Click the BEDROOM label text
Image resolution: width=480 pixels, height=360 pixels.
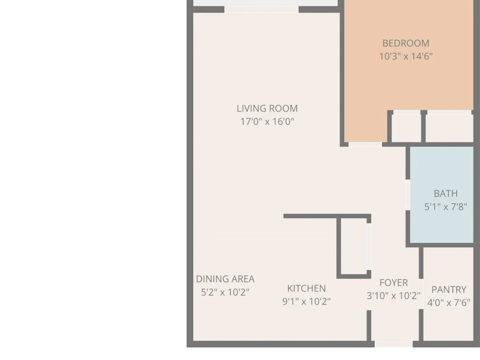(405, 43)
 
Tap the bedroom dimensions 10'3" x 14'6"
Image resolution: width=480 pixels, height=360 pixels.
(405, 56)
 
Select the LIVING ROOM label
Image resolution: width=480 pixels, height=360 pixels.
(267, 108)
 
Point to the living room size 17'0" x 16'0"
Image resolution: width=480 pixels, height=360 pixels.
(267, 122)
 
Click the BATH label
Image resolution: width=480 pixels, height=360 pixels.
(446, 193)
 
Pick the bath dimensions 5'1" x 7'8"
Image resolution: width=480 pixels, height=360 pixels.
(446, 207)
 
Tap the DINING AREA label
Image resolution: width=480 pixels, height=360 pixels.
(225, 279)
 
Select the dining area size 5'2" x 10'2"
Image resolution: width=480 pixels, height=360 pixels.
(225, 292)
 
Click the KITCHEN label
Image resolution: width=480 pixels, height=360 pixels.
(307, 288)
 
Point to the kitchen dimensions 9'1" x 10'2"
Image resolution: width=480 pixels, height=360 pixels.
(307, 301)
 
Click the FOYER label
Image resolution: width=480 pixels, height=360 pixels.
(393, 282)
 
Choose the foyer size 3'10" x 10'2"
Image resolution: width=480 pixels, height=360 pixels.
(393, 296)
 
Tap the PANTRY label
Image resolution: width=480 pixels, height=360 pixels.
(449, 289)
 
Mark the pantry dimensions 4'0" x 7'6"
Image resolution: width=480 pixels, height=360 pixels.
(449, 303)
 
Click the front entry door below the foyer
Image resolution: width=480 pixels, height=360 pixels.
(394, 344)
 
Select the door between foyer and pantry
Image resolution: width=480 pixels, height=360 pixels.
(421, 294)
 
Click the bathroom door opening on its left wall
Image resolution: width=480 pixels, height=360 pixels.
(408, 195)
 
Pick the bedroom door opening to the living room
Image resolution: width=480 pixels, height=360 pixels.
(365, 145)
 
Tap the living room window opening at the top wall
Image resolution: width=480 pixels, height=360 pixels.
(261, 10)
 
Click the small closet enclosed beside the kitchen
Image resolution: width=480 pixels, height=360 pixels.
(354, 246)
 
